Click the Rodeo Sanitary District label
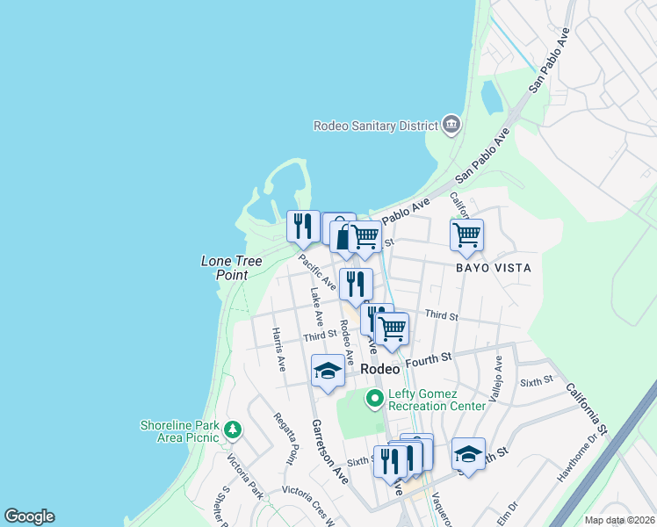[x=375, y=126]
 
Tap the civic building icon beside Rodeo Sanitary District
[x=451, y=124]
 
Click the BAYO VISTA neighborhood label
[x=493, y=267]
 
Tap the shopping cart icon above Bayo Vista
[x=466, y=235]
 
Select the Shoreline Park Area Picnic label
[x=181, y=431]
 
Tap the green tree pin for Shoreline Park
[x=233, y=430]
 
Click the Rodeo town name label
[x=380, y=370]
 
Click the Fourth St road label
[x=428, y=358]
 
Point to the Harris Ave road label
[x=278, y=349]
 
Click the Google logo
[x=29, y=516]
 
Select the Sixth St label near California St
[x=536, y=380]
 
